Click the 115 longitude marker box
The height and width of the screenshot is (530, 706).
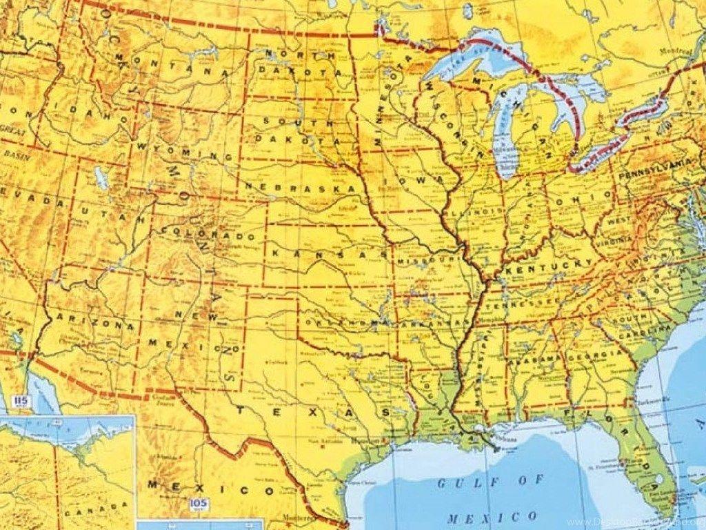[x=19, y=401]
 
